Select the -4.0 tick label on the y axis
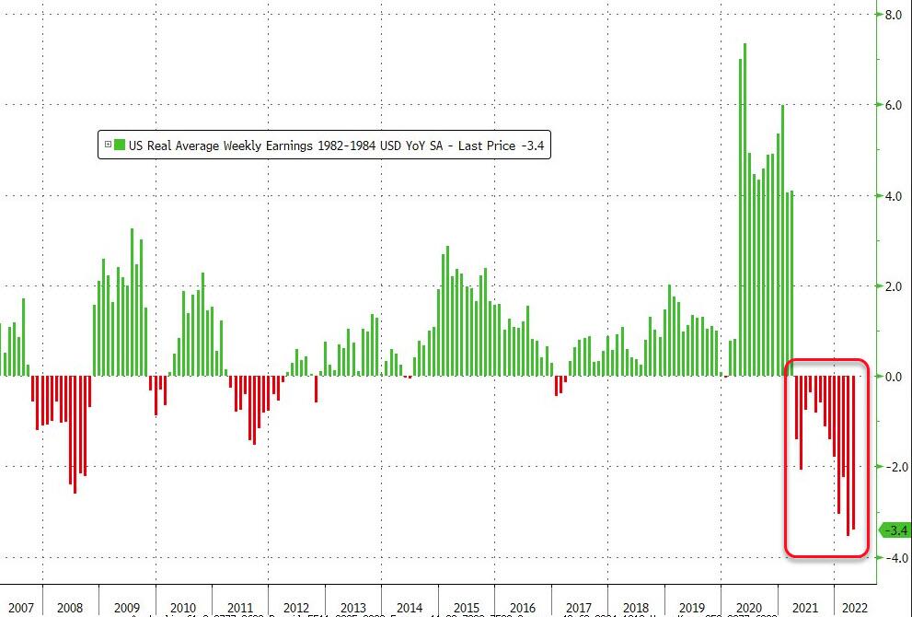coord(894,557)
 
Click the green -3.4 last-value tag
coord(895,530)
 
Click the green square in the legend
coord(119,145)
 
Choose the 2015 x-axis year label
coord(466,608)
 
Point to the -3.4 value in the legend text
coord(534,145)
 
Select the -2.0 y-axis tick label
coord(894,467)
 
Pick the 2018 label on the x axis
coord(636,608)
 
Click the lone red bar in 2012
coord(316,389)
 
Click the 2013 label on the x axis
coord(352,608)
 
